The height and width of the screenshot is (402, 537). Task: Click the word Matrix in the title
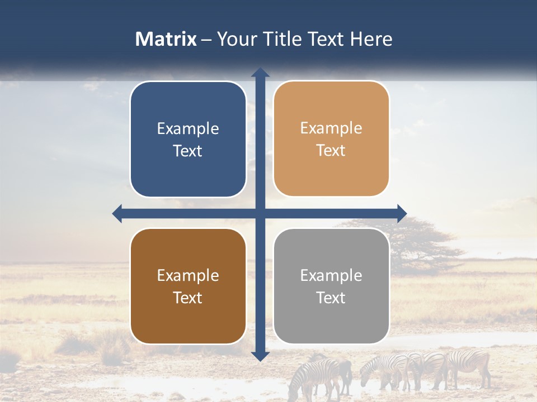pos(166,39)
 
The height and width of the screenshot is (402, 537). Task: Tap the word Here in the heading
pos(371,39)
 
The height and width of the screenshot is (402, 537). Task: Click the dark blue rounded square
pos(188,139)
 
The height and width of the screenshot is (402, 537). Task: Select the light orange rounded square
pos(331,139)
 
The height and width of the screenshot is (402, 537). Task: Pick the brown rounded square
pos(188,286)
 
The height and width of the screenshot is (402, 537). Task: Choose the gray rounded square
pos(331,286)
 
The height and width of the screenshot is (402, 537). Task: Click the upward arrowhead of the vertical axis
pos(260,72)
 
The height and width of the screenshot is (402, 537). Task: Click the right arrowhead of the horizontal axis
pos(402,213)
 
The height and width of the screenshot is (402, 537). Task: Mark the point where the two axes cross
pos(260,213)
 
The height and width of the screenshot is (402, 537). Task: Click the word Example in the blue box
pos(188,129)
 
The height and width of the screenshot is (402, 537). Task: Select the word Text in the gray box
pos(331,298)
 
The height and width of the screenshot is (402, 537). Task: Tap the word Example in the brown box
pos(188,276)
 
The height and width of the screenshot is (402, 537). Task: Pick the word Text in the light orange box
pos(331,151)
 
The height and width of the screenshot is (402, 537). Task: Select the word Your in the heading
pos(234,39)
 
